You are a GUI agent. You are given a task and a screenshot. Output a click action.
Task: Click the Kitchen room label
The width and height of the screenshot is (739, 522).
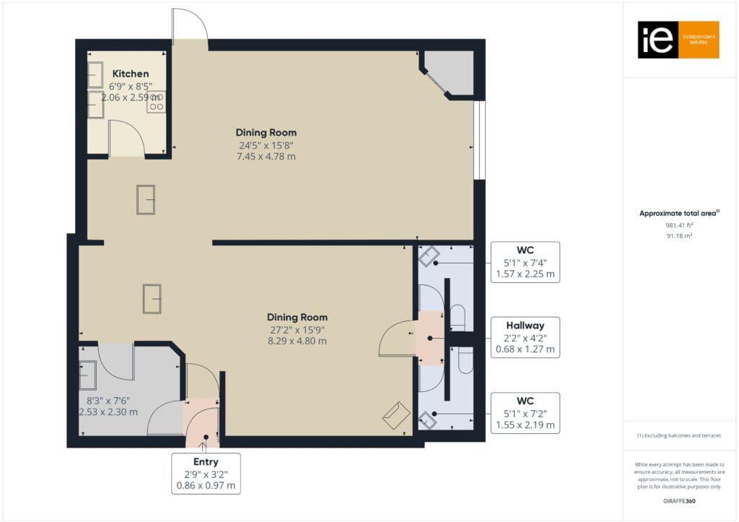[x=131, y=74]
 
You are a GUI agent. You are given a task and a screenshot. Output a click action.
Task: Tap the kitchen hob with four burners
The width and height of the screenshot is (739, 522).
[x=156, y=102]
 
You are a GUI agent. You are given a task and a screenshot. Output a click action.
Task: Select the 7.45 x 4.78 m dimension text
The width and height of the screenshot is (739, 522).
[x=266, y=157]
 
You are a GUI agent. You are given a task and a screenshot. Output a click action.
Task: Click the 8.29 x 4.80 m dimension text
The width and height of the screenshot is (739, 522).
[x=297, y=341]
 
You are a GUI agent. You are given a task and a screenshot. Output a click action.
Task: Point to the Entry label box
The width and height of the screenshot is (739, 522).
[x=206, y=474]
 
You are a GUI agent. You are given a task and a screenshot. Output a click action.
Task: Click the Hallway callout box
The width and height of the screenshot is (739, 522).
[x=525, y=337]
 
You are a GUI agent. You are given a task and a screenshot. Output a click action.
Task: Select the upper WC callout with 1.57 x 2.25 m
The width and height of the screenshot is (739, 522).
[x=525, y=262]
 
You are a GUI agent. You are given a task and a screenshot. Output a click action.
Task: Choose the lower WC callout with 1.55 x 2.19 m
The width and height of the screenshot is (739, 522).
[x=525, y=412]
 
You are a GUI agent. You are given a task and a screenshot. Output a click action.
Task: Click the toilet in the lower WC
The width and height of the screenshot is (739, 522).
[x=465, y=360]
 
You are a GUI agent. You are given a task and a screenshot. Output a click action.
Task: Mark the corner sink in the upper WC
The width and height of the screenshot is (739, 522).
[x=431, y=256]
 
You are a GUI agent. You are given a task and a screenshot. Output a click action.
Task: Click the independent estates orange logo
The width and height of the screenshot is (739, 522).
[x=678, y=40]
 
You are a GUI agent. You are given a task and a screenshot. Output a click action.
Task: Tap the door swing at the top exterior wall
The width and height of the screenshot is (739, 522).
[x=189, y=27]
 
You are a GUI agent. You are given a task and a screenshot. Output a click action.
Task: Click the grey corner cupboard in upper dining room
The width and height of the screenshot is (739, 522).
[x=452, y=73]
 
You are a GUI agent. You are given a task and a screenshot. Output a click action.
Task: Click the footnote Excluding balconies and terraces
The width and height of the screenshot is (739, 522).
[x=678, y=435]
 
